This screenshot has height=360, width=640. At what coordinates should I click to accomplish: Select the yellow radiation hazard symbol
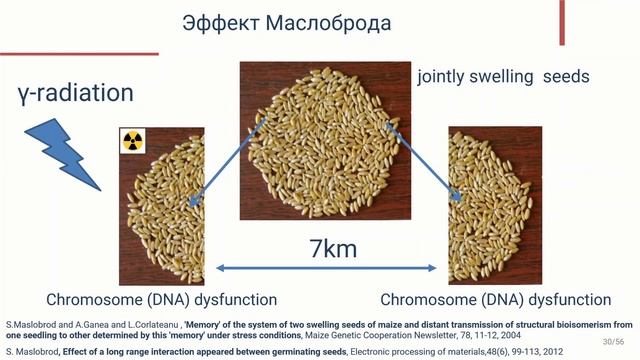[133, 141]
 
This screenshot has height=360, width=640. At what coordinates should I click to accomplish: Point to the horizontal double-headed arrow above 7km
[326, 268]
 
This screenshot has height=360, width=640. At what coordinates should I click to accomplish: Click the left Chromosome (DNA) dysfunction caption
[161, 299]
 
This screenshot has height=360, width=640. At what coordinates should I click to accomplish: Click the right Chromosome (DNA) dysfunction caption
[496, 299]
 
